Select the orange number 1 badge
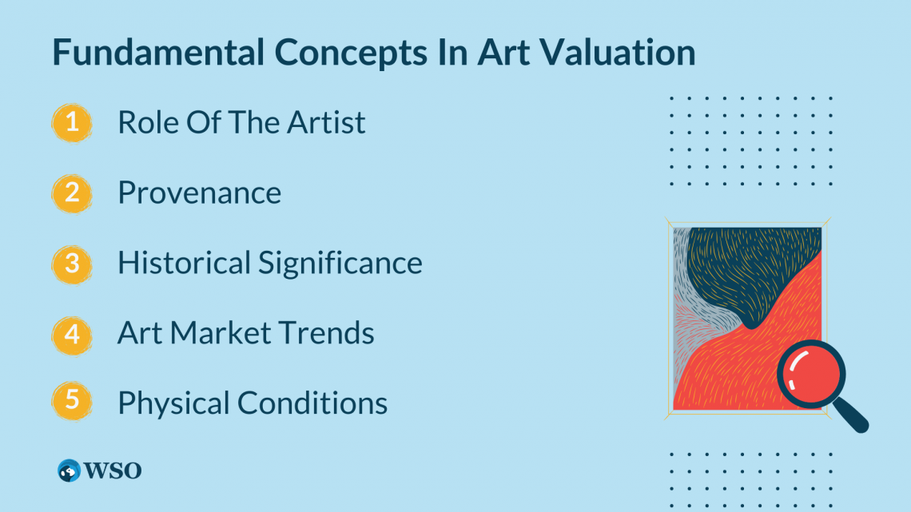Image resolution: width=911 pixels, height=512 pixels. coord(72,123)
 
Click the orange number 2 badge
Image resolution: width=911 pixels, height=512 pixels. coord(72,192)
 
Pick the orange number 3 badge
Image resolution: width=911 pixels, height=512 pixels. coord(72,263)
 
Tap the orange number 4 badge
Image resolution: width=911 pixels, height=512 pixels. coord(72,333)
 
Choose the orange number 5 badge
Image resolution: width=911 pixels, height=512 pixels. coord(72,402)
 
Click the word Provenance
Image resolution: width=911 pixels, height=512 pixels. coord(199,192)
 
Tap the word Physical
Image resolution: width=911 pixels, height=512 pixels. coord(173,403)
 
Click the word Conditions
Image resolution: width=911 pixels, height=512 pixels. coord(312,403)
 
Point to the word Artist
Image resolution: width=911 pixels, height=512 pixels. coord(326,123)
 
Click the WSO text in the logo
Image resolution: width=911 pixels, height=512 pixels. coord(117,470)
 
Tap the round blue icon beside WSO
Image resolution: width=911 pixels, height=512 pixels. coord(70,470)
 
